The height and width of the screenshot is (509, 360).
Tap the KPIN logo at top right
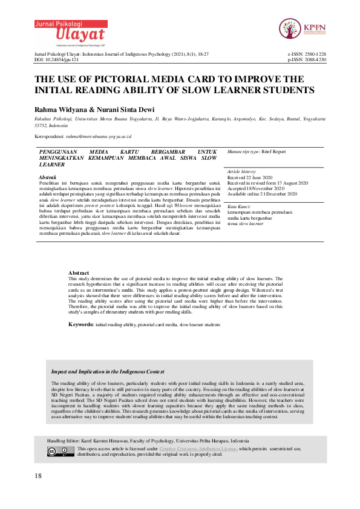300,28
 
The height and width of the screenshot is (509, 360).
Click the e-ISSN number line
308,54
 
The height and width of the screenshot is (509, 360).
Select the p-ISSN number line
308,60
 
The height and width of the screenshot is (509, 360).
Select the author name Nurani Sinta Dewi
130,107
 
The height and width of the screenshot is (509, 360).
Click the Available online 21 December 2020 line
263,194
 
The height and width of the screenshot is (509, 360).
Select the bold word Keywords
80,325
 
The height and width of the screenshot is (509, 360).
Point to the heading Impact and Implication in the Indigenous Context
108,372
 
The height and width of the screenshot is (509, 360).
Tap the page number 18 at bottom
39,476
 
